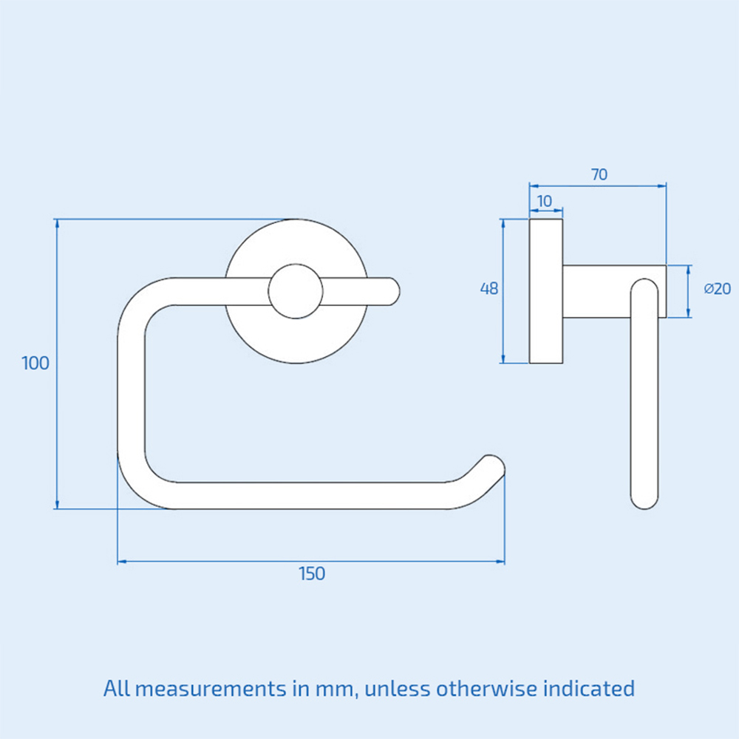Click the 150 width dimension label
(312, 573)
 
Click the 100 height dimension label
(35, 363)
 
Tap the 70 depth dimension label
(599, 175)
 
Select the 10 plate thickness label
(545, 201)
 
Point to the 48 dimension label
(489, 289)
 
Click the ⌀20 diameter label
(717, 289)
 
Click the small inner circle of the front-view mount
(296, 291)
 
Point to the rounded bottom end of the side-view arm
(644, 498)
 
